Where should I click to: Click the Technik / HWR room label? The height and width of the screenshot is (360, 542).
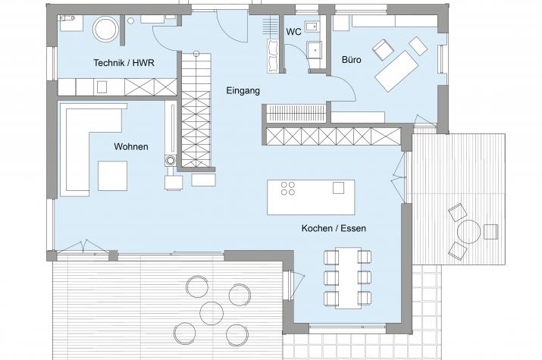tap(124, 63)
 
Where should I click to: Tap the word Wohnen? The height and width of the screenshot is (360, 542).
tap(131, 146)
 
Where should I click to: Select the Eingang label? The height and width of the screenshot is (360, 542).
tap(243, 91)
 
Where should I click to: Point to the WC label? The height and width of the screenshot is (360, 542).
tap(293, 32)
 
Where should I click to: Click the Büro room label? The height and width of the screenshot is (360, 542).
tap(352, 60)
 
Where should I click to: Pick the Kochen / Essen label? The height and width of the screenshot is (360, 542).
tap(334, 228)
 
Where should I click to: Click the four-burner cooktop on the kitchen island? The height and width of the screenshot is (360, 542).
tap(287, 188)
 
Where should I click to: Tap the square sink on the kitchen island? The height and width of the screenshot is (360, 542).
tap(338, 188)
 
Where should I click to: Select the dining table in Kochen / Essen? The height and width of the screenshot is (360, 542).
tap(348, 278)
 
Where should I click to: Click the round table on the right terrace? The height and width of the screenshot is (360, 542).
tap(468, 231)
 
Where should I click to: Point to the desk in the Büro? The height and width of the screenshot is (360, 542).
tap(396, 71)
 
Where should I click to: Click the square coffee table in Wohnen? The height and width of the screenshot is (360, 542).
tap(113, 176)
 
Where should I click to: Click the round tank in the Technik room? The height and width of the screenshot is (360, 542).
tap(106, 29)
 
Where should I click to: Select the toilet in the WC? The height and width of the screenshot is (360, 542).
tap(315, 51)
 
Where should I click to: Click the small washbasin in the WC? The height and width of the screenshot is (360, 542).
tap(312, 27)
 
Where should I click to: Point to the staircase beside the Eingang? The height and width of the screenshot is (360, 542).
tap(196, 110)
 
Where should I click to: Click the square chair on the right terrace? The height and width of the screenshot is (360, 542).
tap(491, 231)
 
